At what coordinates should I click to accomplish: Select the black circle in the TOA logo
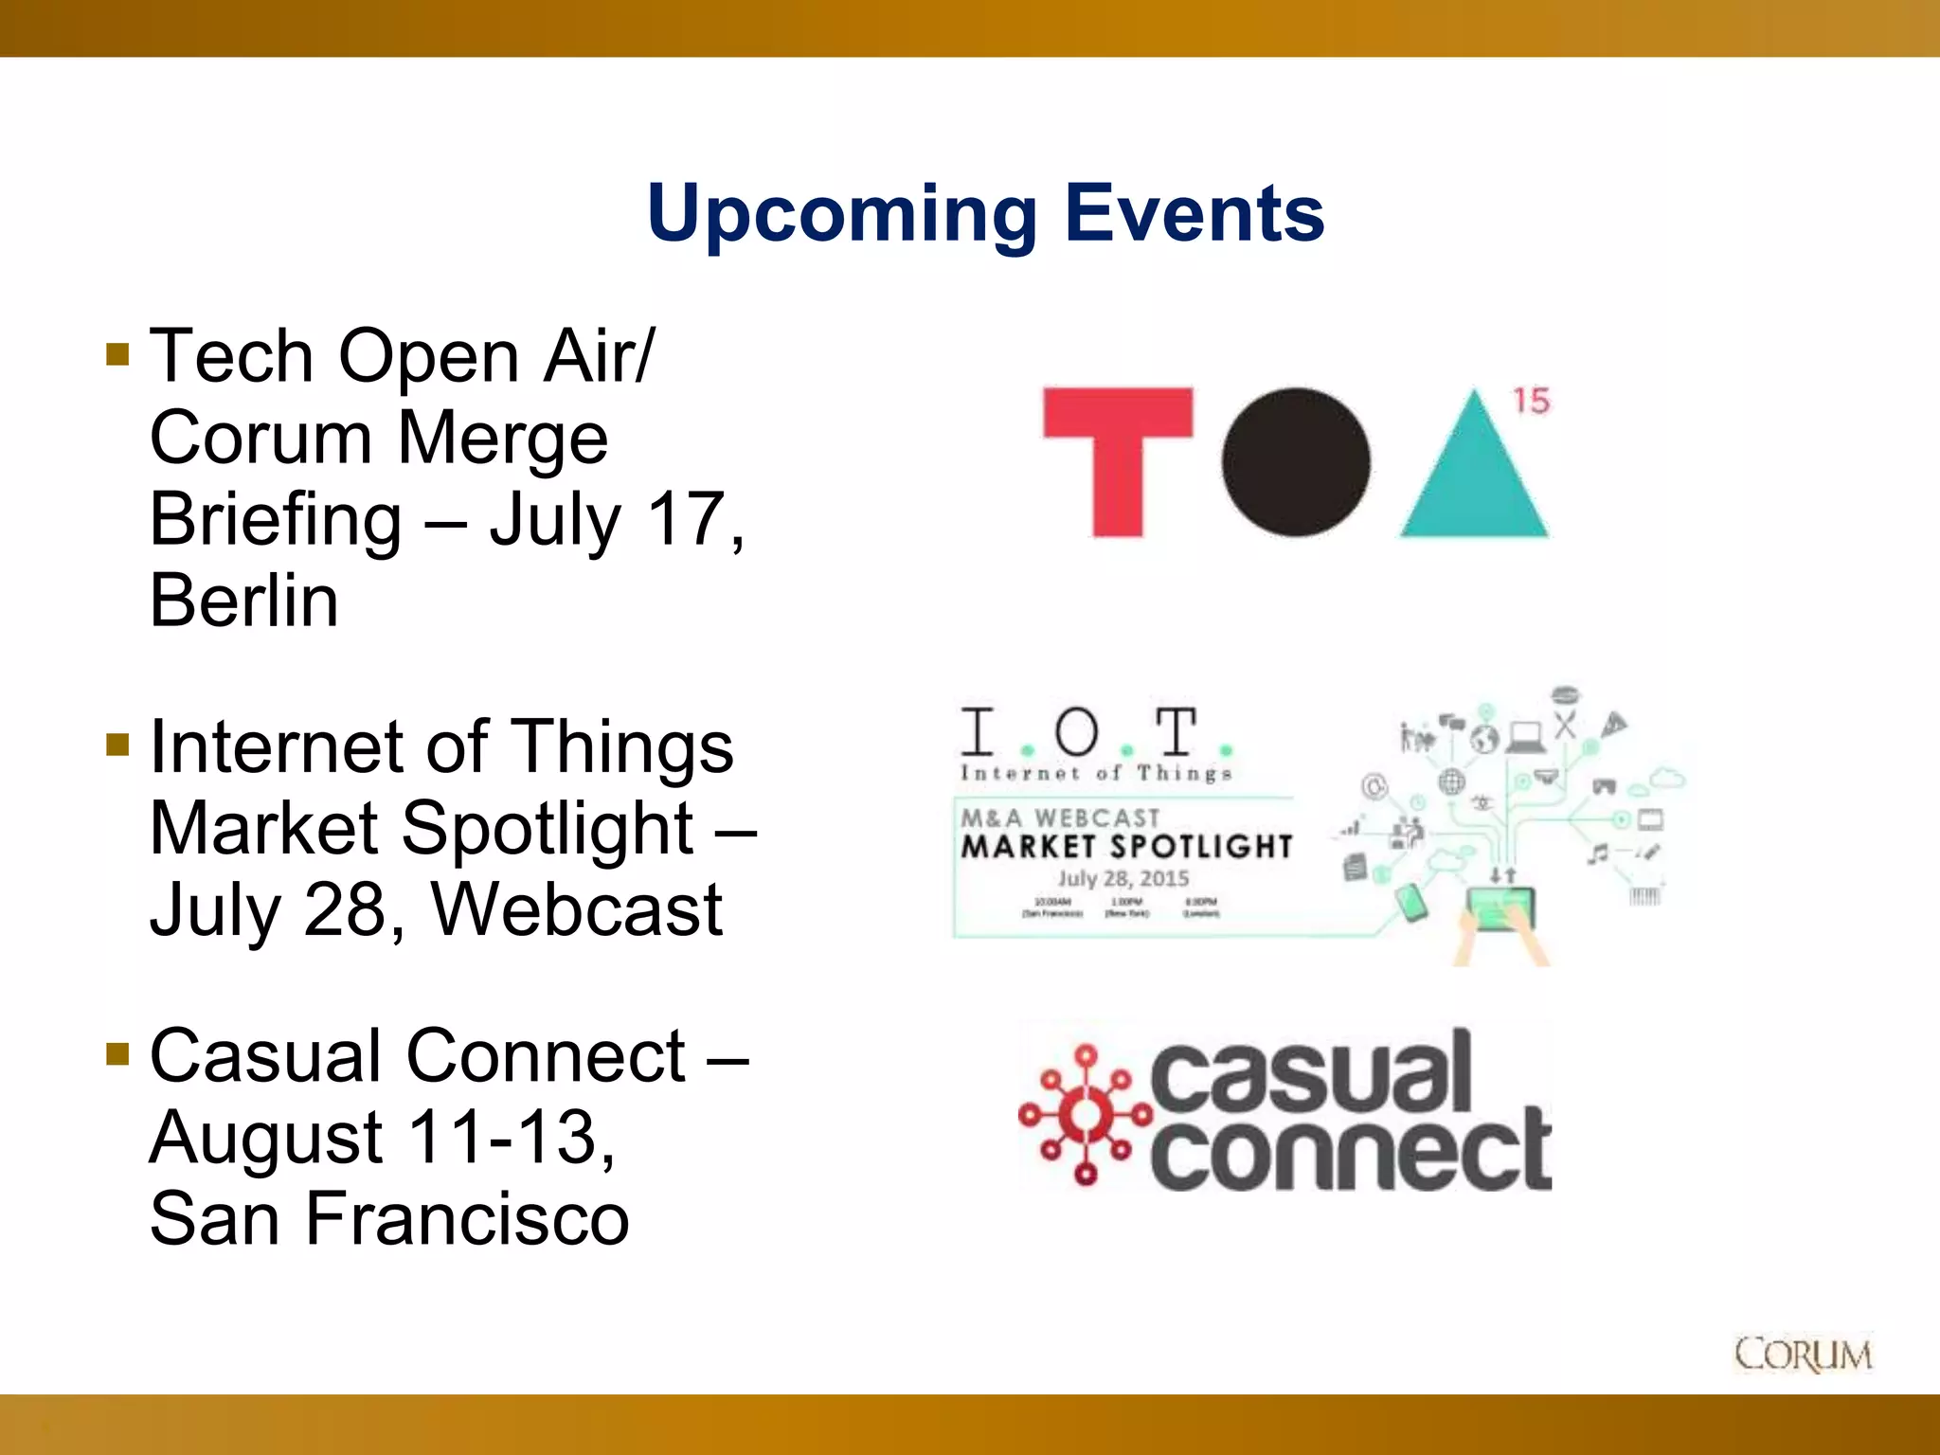point(1295,462)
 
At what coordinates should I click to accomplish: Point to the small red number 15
point(1531,401)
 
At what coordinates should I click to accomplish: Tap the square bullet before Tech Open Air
point(117,354)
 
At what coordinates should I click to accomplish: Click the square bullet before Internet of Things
point(117,745)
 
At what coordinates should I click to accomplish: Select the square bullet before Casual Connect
point(117,1054)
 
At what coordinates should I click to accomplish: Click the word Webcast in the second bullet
point(577,909)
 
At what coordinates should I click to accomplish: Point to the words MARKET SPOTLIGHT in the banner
point(1126,846)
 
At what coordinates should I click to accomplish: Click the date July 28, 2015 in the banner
point(1123,878)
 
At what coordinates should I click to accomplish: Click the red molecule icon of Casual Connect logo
point(1085,1116)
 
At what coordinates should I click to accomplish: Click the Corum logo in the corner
point(1803,1355)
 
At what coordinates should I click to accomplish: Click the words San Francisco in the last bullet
point(388,1219)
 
